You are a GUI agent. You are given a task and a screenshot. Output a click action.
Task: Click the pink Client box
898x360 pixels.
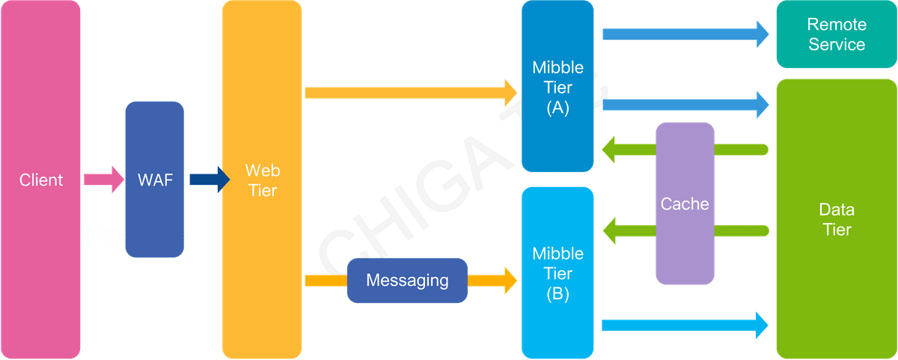click(x=40, y=180)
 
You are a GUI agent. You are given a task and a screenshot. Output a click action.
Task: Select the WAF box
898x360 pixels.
click(x=154, y=180)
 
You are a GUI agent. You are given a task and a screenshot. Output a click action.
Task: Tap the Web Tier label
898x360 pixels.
click(x=261, y=180)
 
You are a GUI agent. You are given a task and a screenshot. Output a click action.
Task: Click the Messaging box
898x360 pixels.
click(x=406, y=281)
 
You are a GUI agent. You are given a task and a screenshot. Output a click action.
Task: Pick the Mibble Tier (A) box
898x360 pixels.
click(x=558, y=88)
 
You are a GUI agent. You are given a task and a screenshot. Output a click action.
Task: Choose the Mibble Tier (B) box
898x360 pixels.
click(x=558, y=273)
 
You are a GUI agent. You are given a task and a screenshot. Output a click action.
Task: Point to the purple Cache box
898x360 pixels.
click(x=685, y=204)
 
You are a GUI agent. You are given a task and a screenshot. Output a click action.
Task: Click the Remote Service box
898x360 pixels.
click(x=836, y=35)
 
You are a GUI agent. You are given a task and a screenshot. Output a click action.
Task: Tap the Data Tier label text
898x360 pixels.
click(x=836, y=219)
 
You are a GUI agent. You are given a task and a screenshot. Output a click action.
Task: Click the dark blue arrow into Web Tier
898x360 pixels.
click(x=209, y=180)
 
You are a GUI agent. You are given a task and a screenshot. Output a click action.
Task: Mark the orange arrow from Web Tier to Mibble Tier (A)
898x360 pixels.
click(x=412, y=93)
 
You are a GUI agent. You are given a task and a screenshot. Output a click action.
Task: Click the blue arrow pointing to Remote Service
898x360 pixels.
click(x=685, y=34)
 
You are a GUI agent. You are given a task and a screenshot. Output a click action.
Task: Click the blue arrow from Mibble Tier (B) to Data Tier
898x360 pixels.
click(x=685, y=325)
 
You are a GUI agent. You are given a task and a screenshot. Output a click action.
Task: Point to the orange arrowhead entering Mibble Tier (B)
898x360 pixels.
click(x=508, y=281)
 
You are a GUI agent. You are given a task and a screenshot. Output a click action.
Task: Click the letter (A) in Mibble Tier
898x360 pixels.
click(x=558, y=107)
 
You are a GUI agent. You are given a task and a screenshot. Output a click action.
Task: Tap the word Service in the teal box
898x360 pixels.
click(x=836, y=44)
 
